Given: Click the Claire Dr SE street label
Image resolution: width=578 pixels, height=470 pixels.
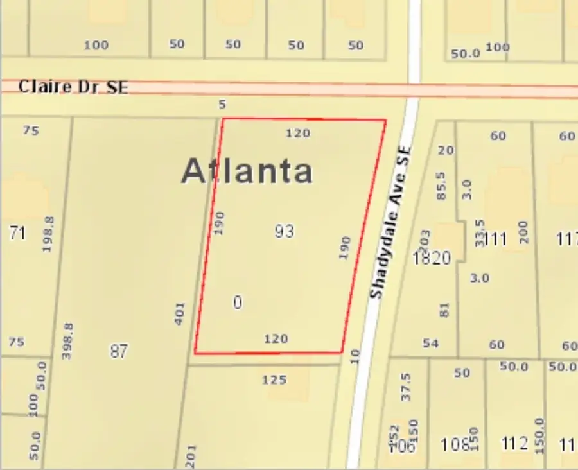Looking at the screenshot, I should (x=73, y=87).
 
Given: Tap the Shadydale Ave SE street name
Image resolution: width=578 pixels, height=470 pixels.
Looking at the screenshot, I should (x=390, y=221).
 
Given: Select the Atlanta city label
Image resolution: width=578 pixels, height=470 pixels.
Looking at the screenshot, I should (x=247, y=171).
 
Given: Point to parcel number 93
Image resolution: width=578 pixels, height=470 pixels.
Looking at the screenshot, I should (x=284, y=231).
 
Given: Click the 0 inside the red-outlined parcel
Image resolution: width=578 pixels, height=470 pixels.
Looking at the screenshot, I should (x=238, y=302).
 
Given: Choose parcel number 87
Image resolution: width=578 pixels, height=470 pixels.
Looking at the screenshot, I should (x=119, y=351).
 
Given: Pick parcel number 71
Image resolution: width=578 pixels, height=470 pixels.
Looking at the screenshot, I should (x=17, y=233).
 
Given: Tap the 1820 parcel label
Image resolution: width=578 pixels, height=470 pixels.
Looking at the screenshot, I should (x=432, y=258).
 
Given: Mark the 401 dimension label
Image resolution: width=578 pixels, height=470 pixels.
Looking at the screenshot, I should (x=180, y=313).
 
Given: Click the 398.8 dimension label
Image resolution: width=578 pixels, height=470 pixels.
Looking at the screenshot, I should (x=68, y=340).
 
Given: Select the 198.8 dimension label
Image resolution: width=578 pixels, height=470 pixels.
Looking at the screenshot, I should (x=48, y=234).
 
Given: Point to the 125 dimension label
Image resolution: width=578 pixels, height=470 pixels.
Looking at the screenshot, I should (x=274, y=380).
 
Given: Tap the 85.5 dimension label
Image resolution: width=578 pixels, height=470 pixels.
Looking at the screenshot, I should (x=441, y=185).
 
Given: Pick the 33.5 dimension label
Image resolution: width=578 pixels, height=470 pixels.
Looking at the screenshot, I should (x=479, y=232).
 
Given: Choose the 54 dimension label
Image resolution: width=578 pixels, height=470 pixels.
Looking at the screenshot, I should (x=430, y=344).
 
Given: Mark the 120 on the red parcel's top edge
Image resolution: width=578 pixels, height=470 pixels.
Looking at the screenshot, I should (x=298, y=133).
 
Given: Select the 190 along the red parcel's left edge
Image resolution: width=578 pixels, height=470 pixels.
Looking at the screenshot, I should (x=220, y=222).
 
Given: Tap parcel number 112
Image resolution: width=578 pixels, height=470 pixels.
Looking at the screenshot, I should (x=514, y=444).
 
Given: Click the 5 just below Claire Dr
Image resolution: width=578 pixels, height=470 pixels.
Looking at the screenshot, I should (x=222, y=104).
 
